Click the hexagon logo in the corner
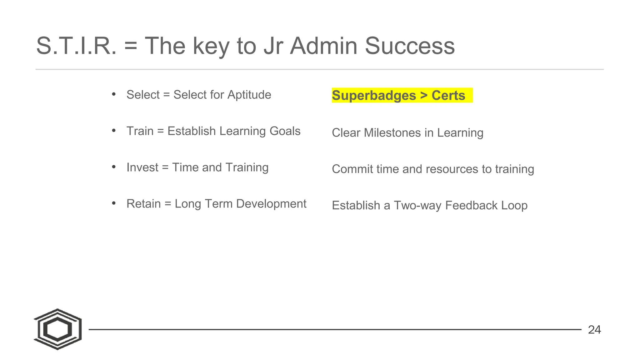pyautogui.click(x=58, y=329)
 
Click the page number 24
pyautogui.click(x=594, y=330)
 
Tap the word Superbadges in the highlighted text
pyautogui.click(x=374, y=95)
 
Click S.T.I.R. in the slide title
pyautogui.click(x=76, y=46)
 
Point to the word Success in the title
pyautogui.click(x=410, y=46)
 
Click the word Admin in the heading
pyautogui.click(x=323, y=46)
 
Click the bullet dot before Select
pyautogui.click(x=114, y=94)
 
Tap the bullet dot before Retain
pyautogui.click(x=114, y=203)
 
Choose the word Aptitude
pyautogui.click(x=249, y=95)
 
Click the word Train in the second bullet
pyautogui.click(x=140, y=131)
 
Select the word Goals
pyautogui.click(x=285, y=131)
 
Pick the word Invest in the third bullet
pyautogui.click(x=142, y=167)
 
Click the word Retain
pyautogui.click(x=143, y=204)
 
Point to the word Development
pyautogui.click(x=271, y=204)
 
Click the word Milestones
pyautogui.click(x=392, y=133)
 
